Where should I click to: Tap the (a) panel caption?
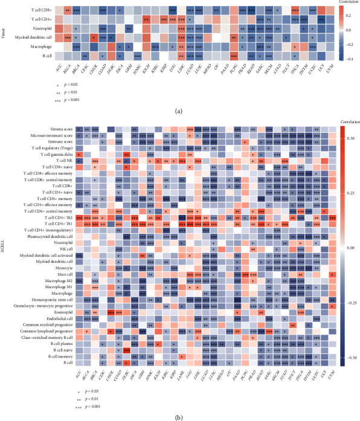180,111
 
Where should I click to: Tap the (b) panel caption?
180,416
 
